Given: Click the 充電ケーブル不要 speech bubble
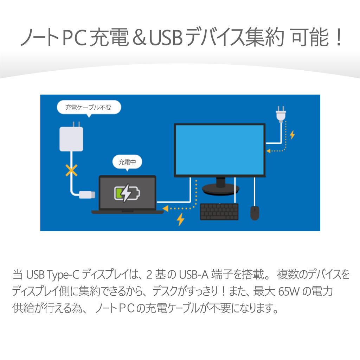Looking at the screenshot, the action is click(89, 108).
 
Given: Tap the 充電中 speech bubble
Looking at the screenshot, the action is click(127, 162).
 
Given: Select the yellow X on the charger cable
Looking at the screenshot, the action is click(71, 170).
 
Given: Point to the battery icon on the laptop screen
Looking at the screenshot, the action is click(127, 193).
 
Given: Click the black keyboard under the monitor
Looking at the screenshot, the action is click(219, 212).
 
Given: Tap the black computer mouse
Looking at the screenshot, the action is click(255, 213).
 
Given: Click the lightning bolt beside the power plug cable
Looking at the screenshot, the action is click(292, 135).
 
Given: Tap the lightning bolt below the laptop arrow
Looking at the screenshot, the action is click(180, 219).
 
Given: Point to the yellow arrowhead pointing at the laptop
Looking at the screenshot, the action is click(165, 208).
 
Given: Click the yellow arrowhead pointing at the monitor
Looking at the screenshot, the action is click(268, 151).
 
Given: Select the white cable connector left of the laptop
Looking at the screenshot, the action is click(87, 195).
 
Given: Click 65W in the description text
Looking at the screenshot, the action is click(289, 291).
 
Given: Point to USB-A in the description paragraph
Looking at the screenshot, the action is click(194, 274).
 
